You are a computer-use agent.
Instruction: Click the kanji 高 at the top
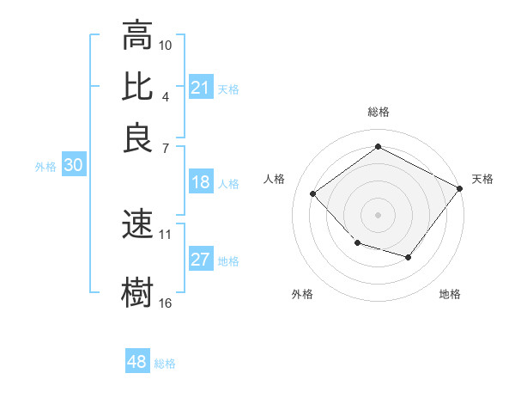tap(137, 35)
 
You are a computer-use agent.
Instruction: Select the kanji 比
tap(137, 88)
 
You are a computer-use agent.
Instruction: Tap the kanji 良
tap(137, 138)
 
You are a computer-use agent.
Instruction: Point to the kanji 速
tap(137, 224)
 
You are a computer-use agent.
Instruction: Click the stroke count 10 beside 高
tap(166, 45)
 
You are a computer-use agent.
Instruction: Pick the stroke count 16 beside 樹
tap(166, 303)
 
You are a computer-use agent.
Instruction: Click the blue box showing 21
tap(200, 88)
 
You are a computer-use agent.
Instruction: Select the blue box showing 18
tap(200, 182)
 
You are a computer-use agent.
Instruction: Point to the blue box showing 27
tap(200, 260)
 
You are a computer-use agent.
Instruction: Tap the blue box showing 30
tap(73, 166)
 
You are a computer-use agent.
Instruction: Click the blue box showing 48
tap(137, 362)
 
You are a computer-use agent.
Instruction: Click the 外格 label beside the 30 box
tap(45, 167)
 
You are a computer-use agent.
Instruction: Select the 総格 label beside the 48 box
tap(165, 364)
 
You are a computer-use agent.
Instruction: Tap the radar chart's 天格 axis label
tap(482, 179)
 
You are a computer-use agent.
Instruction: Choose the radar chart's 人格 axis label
tap(275, 179)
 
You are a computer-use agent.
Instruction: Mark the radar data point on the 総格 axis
tap(378, 147)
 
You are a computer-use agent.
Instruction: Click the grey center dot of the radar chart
tap(378, 214)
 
